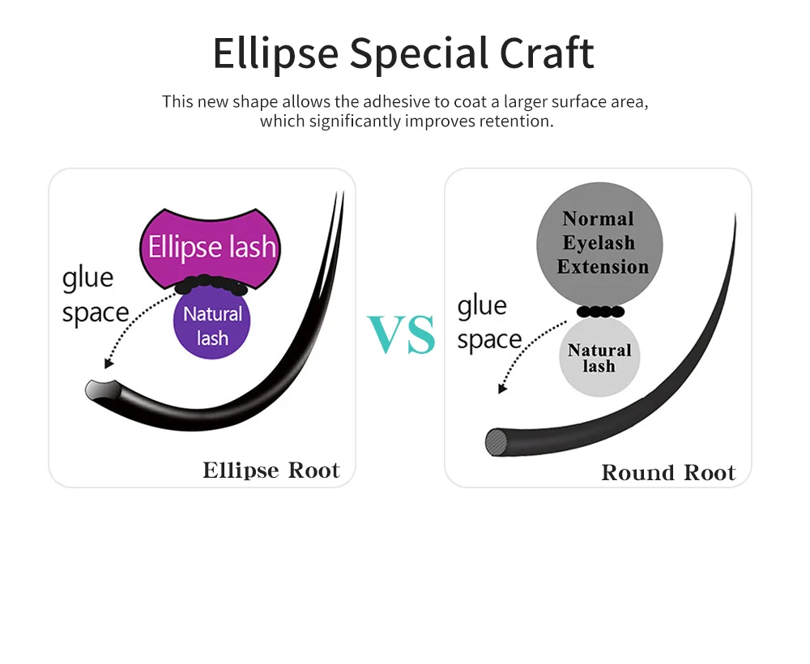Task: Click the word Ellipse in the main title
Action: tap(276, 53)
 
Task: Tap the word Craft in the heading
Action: tap(547, 53)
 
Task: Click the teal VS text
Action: tap(402, 334)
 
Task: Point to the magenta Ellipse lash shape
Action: tap(211, 247)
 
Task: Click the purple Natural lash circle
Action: tap(211, 321)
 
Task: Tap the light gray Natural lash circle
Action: tap(599, 357)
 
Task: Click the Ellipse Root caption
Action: tap(271, 470)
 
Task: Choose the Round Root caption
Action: tap(668, 472)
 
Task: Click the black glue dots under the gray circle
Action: tap(600, 311)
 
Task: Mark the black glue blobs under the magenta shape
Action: tap(211, 284)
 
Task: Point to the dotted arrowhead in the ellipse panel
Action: tap(108, 364)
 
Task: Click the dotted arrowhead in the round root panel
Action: tap(502, 389)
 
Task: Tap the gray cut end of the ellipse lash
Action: tap(98, 390)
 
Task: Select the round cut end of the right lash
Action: tap(497, 442)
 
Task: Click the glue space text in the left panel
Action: tap(96, 296)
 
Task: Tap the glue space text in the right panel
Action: tap(490, 323)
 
